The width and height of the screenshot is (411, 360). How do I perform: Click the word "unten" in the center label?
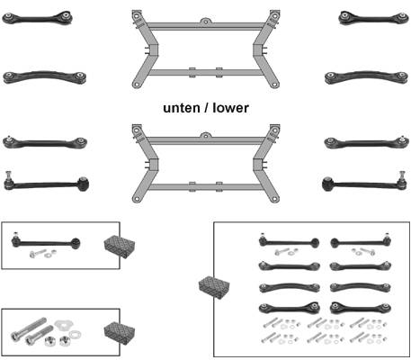tap(182, 108)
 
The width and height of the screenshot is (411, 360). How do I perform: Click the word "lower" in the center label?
tap(230, 108)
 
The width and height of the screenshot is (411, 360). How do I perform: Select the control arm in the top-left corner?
tap(37, 18)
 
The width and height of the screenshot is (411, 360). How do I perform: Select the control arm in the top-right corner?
tap(373, 18)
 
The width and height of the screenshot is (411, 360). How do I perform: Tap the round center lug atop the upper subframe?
tap(205, 22)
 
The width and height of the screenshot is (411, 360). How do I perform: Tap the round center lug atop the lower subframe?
tap(205, 136)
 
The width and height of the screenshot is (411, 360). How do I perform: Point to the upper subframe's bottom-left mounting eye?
tap(137, 85)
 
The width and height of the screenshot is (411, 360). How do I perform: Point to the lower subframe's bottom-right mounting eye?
tap(274, 199)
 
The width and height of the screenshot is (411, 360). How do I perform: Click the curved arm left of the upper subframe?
tap(45, 76)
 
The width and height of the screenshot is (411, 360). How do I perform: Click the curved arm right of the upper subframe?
tap(366, 76)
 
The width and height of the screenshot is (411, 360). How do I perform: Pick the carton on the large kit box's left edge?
tap(214, 285)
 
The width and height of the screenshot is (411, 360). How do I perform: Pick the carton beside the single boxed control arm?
tap(120, 247)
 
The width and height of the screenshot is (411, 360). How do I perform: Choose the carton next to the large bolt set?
tap(120, 333)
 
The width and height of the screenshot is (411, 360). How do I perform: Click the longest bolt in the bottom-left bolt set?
tap(28, 328)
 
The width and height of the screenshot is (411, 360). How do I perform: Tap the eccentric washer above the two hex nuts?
tap(64, 325)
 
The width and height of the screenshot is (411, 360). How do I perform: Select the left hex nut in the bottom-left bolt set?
tap(49, 341)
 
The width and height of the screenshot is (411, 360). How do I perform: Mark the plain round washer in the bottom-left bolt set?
tap(74, 334)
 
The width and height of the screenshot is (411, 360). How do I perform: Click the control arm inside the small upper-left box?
tap(46, 241)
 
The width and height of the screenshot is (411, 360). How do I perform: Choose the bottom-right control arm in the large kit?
tap(361, 308)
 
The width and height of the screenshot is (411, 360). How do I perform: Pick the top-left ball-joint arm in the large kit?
tap(289, 241)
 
